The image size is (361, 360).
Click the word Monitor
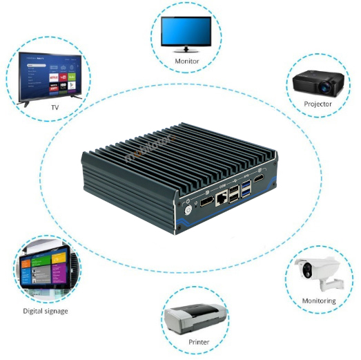click(186, 61)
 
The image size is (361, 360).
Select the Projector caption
click(318, 104)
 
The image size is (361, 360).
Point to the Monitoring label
click(319, 301)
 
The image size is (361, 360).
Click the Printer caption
click(199, 342)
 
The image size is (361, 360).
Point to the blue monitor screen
click(186, 30)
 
